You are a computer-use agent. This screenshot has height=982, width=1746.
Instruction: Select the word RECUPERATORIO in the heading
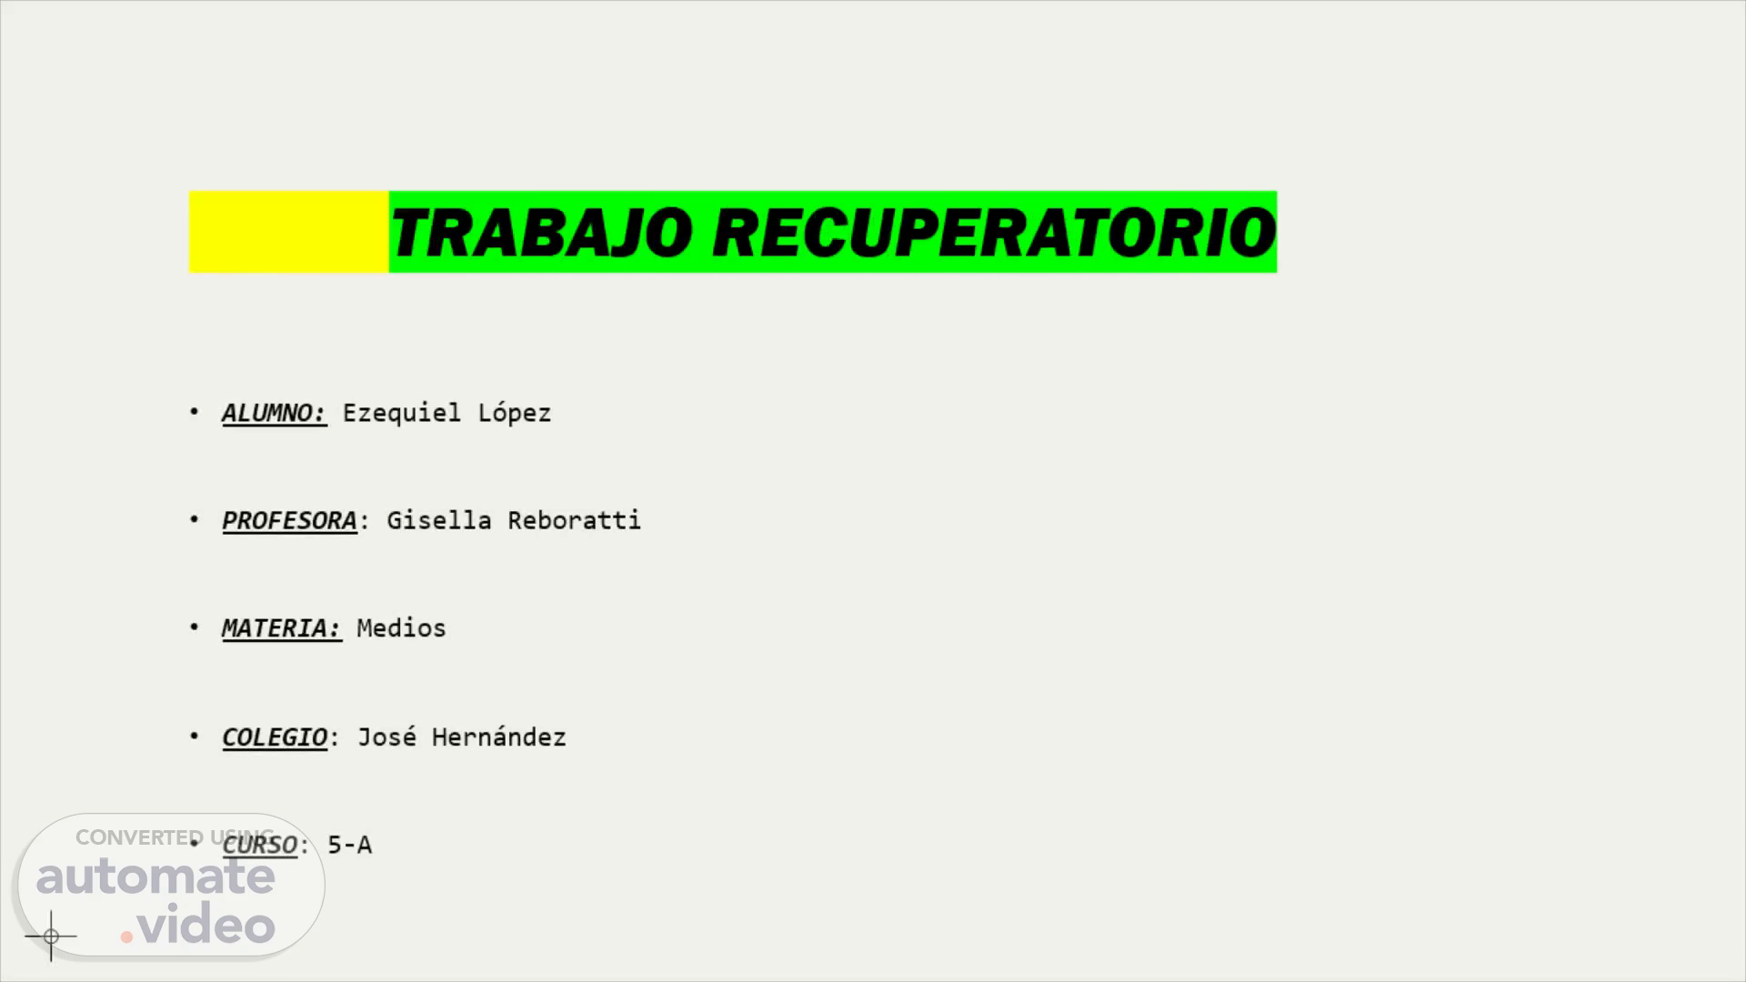(x=995, y=232)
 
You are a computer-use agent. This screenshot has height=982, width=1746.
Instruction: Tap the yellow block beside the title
(x=288, y=232)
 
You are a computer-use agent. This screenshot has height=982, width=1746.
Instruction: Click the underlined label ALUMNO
(x=274, y=413)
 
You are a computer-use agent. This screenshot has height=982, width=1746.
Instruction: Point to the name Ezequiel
(x=401, y=413)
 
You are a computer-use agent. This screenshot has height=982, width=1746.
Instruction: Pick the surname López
(x=515, y=413)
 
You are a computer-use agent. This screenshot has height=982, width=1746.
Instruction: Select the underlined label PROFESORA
(x=289, y=521)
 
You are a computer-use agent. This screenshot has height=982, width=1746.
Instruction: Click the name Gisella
(x=439, y=520)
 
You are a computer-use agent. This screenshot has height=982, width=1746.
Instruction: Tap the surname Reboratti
(x=574, y=520)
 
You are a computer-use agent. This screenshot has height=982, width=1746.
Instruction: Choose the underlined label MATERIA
(x=281, y=628)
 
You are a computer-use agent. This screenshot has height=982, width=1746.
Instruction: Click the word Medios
(x=401, y=628)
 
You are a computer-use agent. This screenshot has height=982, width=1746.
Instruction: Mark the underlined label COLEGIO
(x=275, y=737)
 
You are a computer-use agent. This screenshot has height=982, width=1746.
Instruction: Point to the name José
(x=386, y=736)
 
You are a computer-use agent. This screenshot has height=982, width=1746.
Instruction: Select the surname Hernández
(x=498, y=736)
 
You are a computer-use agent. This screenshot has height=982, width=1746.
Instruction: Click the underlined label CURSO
(x=259, y=845)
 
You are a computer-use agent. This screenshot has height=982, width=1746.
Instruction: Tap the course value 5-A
(x=349, y=845)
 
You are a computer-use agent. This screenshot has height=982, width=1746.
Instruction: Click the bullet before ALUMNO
(x=194, y=411)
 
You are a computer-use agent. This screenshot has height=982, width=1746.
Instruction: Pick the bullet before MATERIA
(x=194, y=626)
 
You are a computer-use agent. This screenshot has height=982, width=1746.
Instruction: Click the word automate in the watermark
(x=156, y=877)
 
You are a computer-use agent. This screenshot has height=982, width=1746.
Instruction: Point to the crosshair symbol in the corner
(x=51, y=936)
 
